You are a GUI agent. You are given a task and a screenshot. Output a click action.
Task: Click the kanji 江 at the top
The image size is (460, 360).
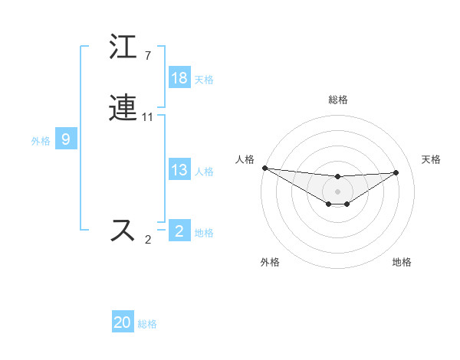tap(123, 47)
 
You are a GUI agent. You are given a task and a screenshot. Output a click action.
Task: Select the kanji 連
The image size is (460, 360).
tap(123, 109)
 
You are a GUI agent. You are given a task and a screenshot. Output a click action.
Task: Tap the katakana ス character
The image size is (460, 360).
tap(123, 231)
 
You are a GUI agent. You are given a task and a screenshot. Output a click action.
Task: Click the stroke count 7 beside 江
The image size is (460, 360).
tap(148, 55)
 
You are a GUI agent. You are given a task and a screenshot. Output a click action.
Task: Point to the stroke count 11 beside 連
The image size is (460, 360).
tap(148, 117)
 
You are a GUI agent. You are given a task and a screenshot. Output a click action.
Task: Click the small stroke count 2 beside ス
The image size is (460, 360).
tap(148, 239)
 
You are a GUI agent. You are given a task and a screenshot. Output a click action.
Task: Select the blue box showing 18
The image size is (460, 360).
tap(179, 78)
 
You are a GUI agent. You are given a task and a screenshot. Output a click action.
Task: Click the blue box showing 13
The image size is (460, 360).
tap(179, 170)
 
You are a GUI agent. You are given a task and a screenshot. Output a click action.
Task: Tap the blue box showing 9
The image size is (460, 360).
tap(66, 139)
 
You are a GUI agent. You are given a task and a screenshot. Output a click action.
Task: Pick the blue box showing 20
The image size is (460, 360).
tap(123, 322)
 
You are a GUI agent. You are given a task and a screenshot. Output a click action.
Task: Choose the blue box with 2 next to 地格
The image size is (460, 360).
tap(179, 231)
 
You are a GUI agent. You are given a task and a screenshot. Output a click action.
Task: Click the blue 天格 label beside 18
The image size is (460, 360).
tap(204, 80)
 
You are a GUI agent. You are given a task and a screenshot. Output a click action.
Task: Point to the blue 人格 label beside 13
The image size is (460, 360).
tap(204, 172)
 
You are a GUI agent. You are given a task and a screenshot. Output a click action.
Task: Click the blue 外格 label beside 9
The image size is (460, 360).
tap(41, 141)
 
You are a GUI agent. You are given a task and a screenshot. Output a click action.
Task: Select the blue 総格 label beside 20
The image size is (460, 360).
tap(147, 324)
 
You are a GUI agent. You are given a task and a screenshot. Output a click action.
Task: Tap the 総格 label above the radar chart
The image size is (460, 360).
tap(338, 100)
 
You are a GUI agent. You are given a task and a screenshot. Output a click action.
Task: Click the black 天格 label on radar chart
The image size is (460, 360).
tap(432, 159)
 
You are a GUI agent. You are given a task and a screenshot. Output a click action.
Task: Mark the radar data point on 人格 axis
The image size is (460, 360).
tap(264, 168)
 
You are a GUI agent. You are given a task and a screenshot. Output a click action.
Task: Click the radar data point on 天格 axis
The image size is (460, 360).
tap(396, 172)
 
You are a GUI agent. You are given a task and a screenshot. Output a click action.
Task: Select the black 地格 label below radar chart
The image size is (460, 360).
tap(402, 263)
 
